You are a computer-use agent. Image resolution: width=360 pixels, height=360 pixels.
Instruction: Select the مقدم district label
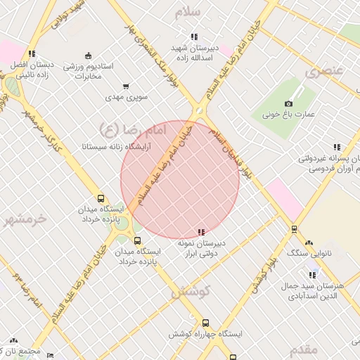[303, 349]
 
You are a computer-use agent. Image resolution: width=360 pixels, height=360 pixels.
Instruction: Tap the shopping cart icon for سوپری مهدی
[126, 86]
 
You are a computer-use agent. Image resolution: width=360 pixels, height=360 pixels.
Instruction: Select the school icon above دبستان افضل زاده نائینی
[32, 53]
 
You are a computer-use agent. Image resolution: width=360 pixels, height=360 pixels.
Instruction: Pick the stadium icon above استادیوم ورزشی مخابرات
[87, 56]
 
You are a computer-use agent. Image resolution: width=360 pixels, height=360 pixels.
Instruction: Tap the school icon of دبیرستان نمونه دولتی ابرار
[201, 232]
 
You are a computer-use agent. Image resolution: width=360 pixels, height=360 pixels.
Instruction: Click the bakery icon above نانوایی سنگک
[294, 229]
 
